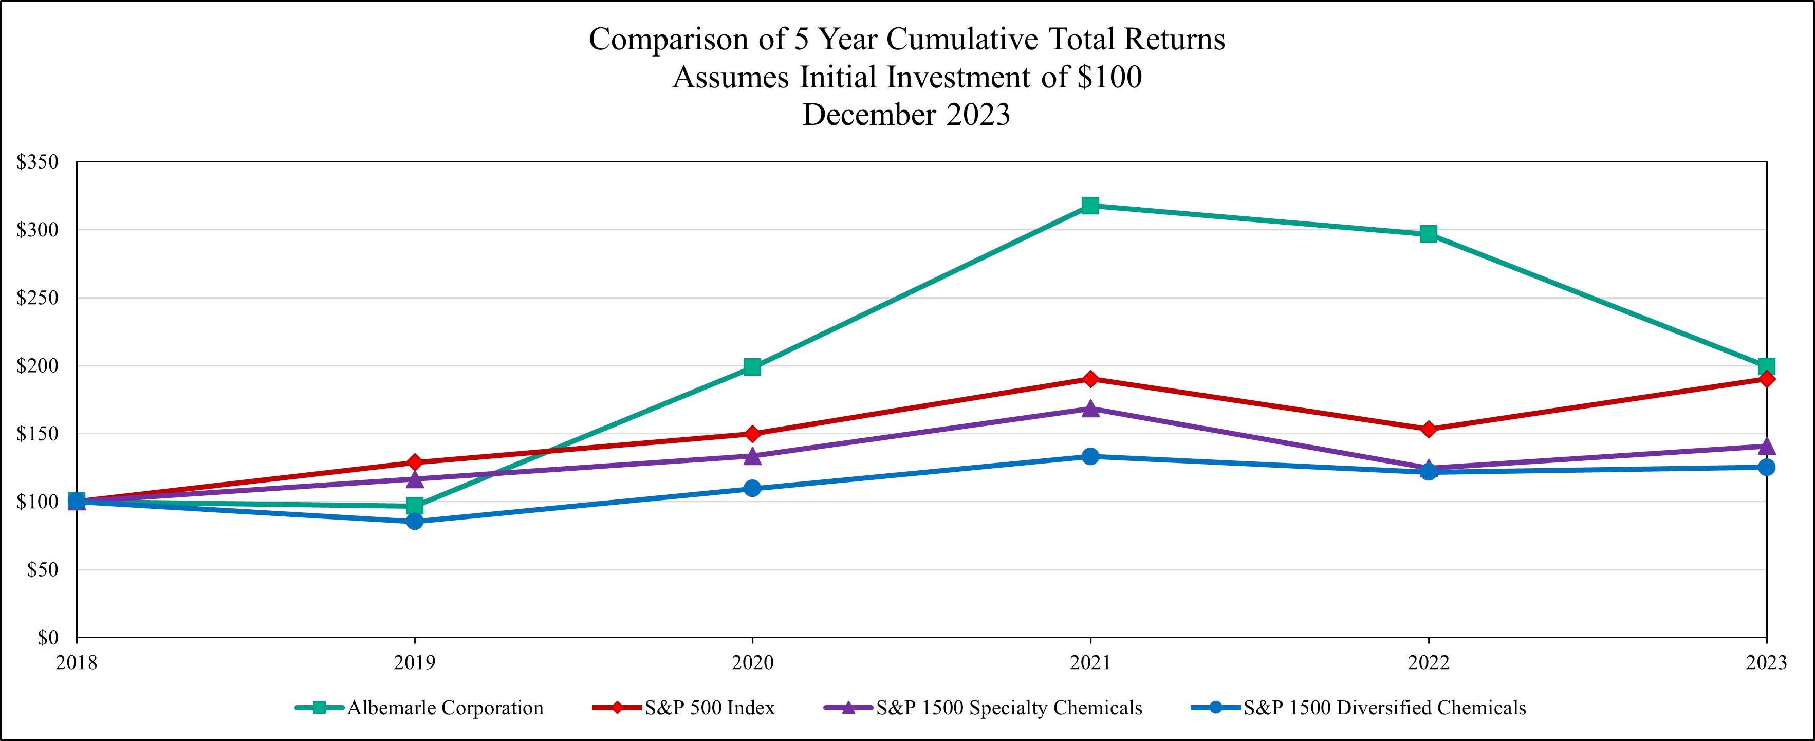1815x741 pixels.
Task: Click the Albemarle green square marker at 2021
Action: point(1090,206)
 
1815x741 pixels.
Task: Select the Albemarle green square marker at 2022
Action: point(1428,234)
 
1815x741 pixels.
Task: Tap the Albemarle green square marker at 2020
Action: point(752,367)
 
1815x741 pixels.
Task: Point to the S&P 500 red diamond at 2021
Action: point(1090,379)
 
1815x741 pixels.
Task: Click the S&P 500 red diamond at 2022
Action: point(1428,429)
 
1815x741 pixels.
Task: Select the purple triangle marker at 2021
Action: point(1090,409)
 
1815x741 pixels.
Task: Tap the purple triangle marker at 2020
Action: point(752,456)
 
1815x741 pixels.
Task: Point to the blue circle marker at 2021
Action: point(1090,456)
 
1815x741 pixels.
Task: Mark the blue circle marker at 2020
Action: point(752,488)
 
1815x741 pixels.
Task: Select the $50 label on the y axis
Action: point(42,570)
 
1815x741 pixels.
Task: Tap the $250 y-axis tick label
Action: point(38,298)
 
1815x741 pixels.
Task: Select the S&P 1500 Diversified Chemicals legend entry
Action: point(1384,708)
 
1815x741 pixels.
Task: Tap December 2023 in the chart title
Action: point(907,115)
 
